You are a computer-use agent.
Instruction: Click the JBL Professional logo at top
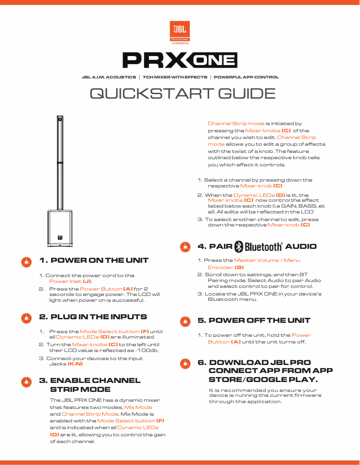[180, 33]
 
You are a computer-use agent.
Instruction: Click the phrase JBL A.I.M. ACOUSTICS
[109, 77]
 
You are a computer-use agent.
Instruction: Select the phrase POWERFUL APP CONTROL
[246, 77]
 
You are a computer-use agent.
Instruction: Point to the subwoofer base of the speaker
[60, 228]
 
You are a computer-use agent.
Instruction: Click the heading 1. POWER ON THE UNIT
[93, 261]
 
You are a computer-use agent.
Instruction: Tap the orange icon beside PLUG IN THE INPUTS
[26, 318]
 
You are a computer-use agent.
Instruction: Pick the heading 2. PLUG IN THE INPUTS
[93, 317]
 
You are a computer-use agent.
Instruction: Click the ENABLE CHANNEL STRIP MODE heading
[90, 385]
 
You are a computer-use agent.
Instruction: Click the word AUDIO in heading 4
[301, 247]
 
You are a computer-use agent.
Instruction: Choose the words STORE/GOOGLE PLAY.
[263, 380]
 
